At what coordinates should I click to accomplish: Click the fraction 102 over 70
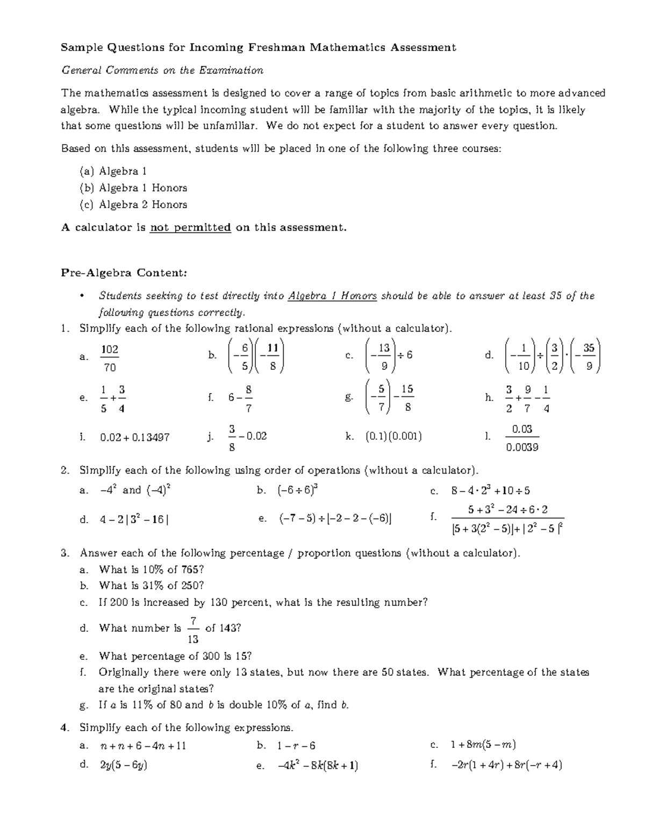click(x=110, y=358)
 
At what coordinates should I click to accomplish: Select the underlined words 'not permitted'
click(x=190, y=227)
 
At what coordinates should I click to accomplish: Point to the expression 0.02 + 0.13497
click(x=135, y=437)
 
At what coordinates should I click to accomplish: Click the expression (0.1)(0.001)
click(x=393, y=437)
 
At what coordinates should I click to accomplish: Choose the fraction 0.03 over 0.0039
click(x=522, y=438)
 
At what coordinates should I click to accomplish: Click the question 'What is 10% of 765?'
click(x=152, y=569)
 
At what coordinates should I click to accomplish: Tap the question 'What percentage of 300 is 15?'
click(x=175, y=656)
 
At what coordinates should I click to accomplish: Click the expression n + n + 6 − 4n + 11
click(x=143, y=746)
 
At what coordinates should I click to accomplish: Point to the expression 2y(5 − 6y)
click(x=124, y=765)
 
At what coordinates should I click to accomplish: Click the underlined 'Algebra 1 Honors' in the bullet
click(x=332, y=296)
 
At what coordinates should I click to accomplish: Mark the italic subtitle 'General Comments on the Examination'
click(x=162, y=70)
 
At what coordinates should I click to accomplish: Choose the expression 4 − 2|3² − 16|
click(x=134, y=520)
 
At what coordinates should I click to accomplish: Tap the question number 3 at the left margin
click(x=64, y=553)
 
